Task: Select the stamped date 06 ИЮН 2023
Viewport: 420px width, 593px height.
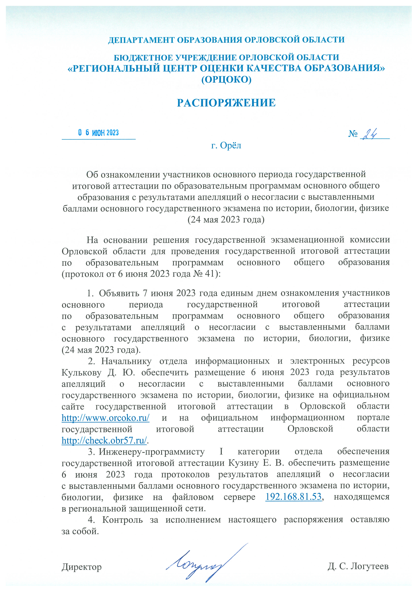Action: coord(98,133)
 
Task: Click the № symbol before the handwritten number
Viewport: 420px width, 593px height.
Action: coord(353,134)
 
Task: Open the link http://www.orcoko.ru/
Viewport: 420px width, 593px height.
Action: coord(106,418)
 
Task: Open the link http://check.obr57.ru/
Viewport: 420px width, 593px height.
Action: coord(104,441)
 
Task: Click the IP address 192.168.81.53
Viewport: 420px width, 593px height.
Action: coord(293,497)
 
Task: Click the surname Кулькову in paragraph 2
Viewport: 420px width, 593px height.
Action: coord(81,373)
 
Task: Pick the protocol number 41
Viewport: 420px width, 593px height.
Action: coord(210,274)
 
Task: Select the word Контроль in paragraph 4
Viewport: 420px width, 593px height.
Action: coord(122,520)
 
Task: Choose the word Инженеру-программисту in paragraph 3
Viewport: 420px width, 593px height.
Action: coord(152,452)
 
